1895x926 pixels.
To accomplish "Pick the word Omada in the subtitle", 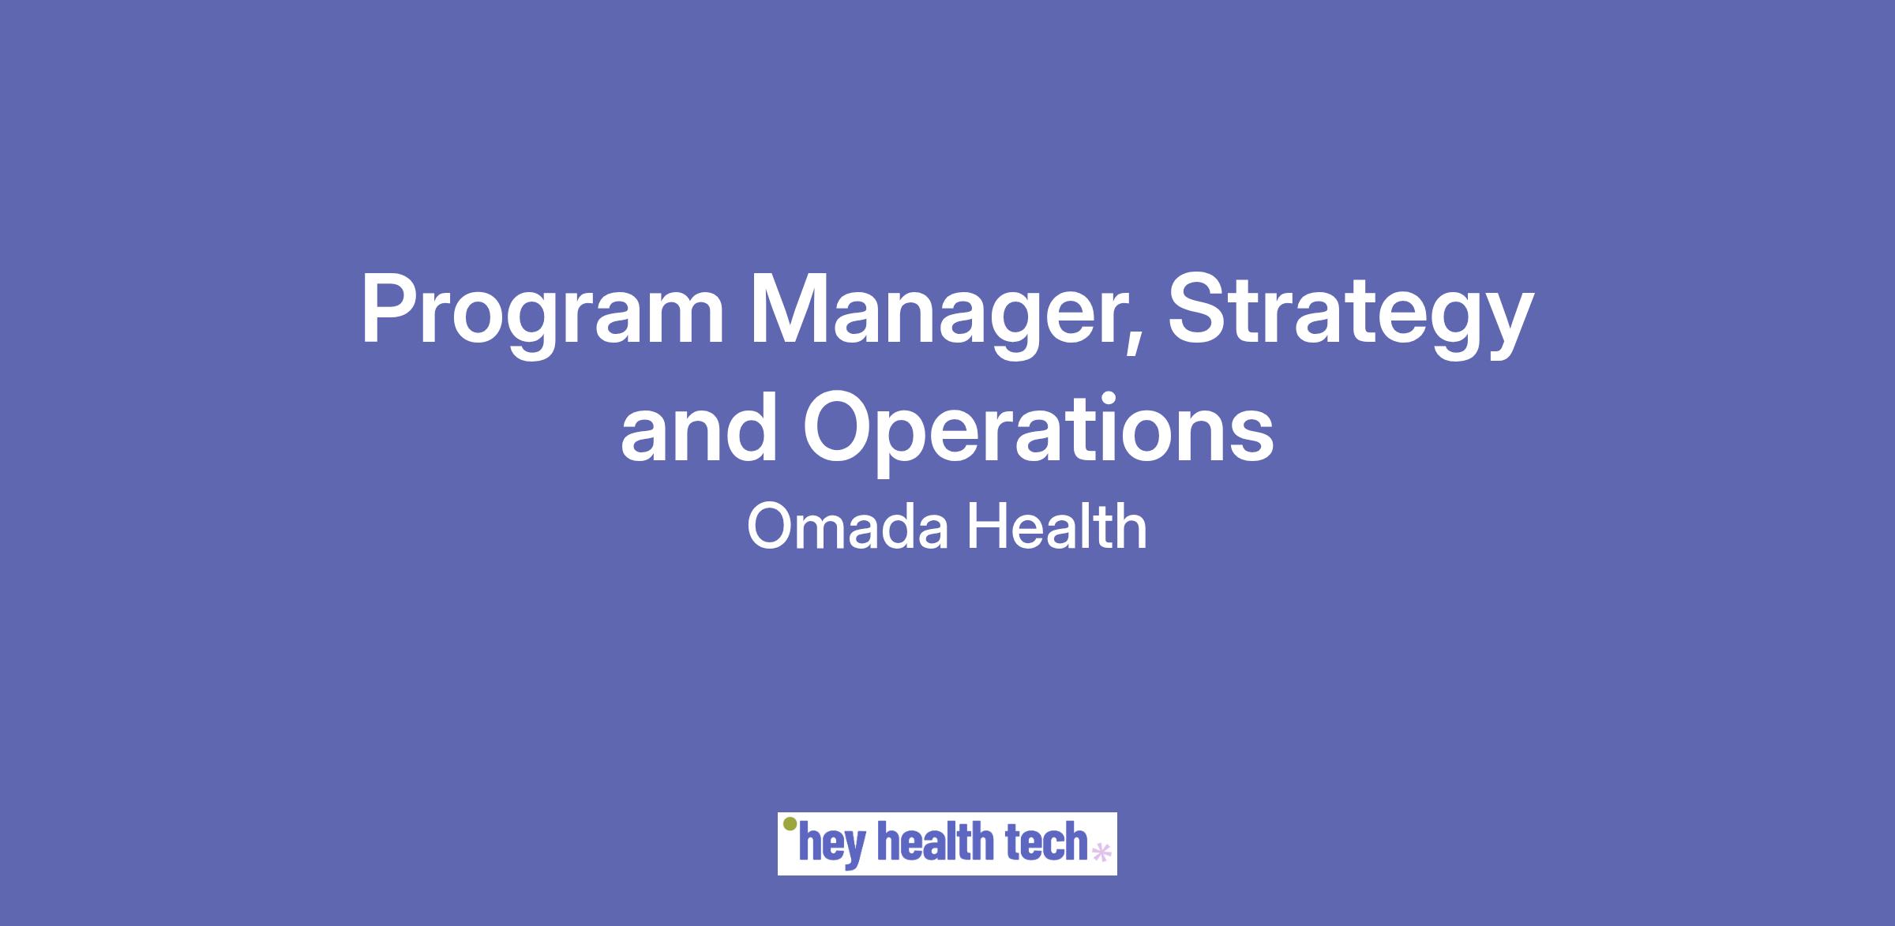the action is (x=847, y=527).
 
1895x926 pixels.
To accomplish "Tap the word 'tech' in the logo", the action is (x=1047, y=842).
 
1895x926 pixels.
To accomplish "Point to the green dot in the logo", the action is (x=789, y=824).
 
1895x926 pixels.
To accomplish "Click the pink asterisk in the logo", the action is (x=1100, y=853).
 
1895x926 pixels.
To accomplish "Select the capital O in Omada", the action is (x=770, y=527).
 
